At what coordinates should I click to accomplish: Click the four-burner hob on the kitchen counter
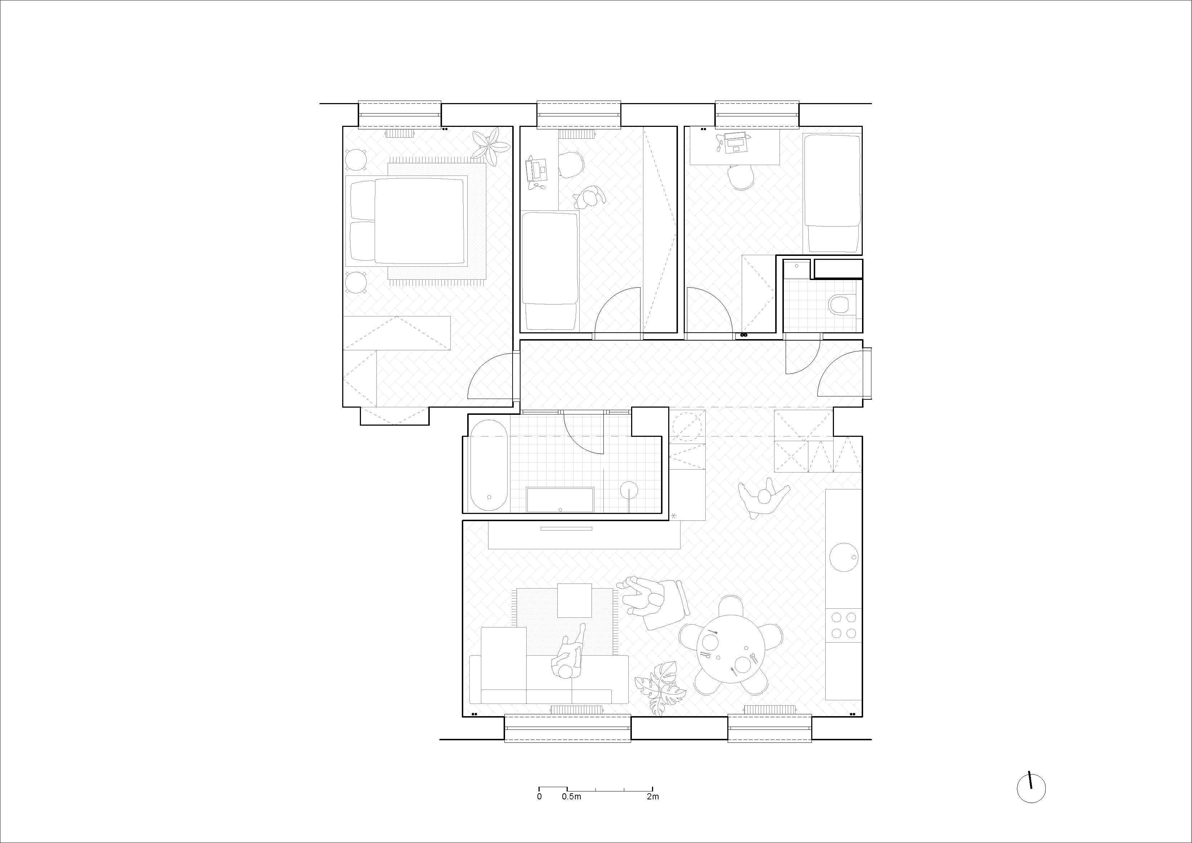(844, 625)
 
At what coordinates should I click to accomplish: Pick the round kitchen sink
(844, 557)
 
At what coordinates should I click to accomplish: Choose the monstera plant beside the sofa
(660, 688)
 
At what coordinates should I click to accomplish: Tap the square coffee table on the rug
(575, 600)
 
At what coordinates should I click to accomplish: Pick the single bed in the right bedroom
(832, 193)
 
